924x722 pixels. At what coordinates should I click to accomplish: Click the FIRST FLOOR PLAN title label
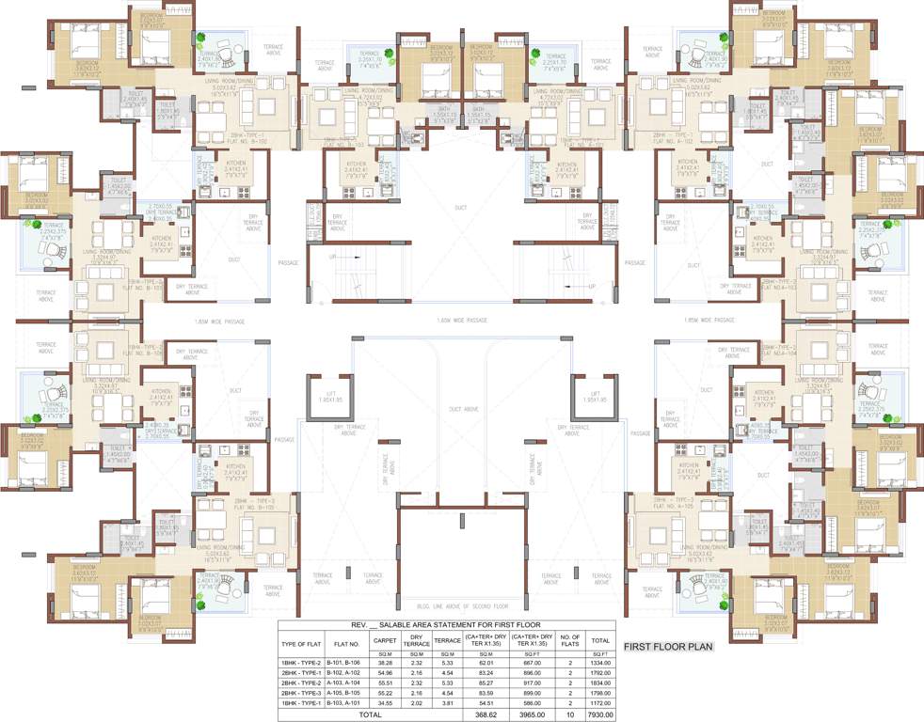[x=668, y=646]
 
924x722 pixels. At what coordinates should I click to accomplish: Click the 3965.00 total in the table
[x=531, y=714]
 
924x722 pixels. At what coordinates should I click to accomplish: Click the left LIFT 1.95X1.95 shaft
[x=328, y=401]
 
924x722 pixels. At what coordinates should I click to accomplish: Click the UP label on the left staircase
[x=331, y=256]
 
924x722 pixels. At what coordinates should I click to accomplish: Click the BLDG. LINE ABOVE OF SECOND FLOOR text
[x=461, y=606]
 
